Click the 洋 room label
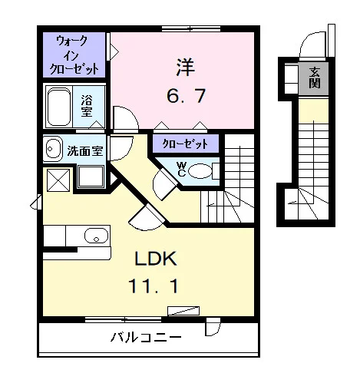(x=186, y=67)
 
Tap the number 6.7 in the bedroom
(x=186, y=96)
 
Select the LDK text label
(x=156, y=259)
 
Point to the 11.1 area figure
(x=154, y=286)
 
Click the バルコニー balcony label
(x=146, y=337)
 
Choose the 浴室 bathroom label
(x=87, y=106)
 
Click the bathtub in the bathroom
(x=59, y=107)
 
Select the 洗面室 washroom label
(x=85, y=151)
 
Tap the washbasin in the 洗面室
(x=52, y=149)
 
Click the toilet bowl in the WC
(x=200, y=171)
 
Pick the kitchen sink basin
(x=96, y=236)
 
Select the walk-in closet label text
(x=74, y=54)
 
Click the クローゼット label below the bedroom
(x=186, y=144)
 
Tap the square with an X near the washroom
(x=58, y=180)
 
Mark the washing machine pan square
(x=91, y=177)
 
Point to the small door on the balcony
(x=213, y=327)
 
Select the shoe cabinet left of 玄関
(x=292, y=79)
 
